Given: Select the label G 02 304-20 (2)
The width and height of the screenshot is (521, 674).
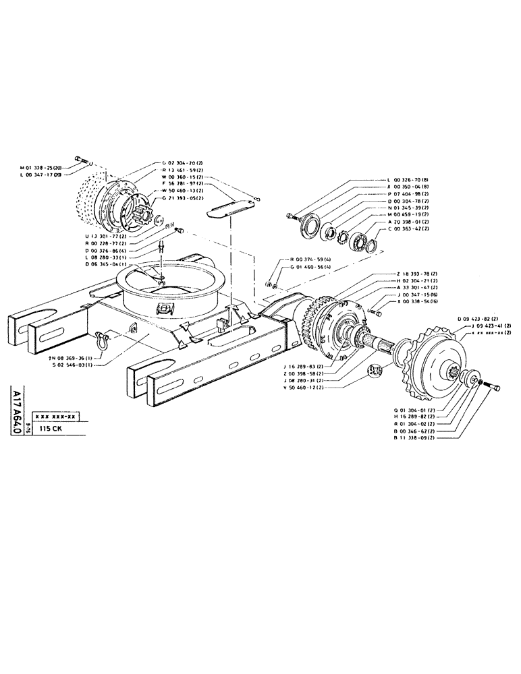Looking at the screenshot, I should point(186,163).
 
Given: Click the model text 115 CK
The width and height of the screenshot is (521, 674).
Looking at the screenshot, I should point(51,428).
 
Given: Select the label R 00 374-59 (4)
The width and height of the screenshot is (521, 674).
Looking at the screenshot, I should point(310,259).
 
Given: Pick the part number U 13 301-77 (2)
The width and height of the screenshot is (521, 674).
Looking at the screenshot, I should point(108,236).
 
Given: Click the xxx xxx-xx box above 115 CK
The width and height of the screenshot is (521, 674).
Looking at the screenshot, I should point(59,417).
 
